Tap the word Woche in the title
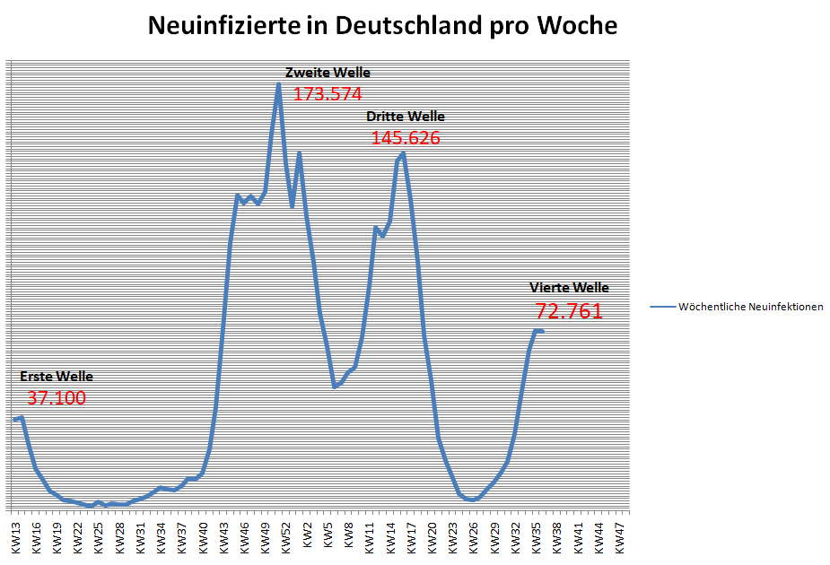[577, 26]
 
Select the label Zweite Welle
[328, 73]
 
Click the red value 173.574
[328, 93]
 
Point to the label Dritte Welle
[405, 117]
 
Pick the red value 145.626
[405, 138]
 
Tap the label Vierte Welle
[569, 288]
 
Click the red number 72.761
[569, 311]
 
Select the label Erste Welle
[56, 377]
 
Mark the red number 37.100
[57, 398]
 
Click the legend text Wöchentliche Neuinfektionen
[751, 307]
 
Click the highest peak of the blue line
[278, 85]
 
